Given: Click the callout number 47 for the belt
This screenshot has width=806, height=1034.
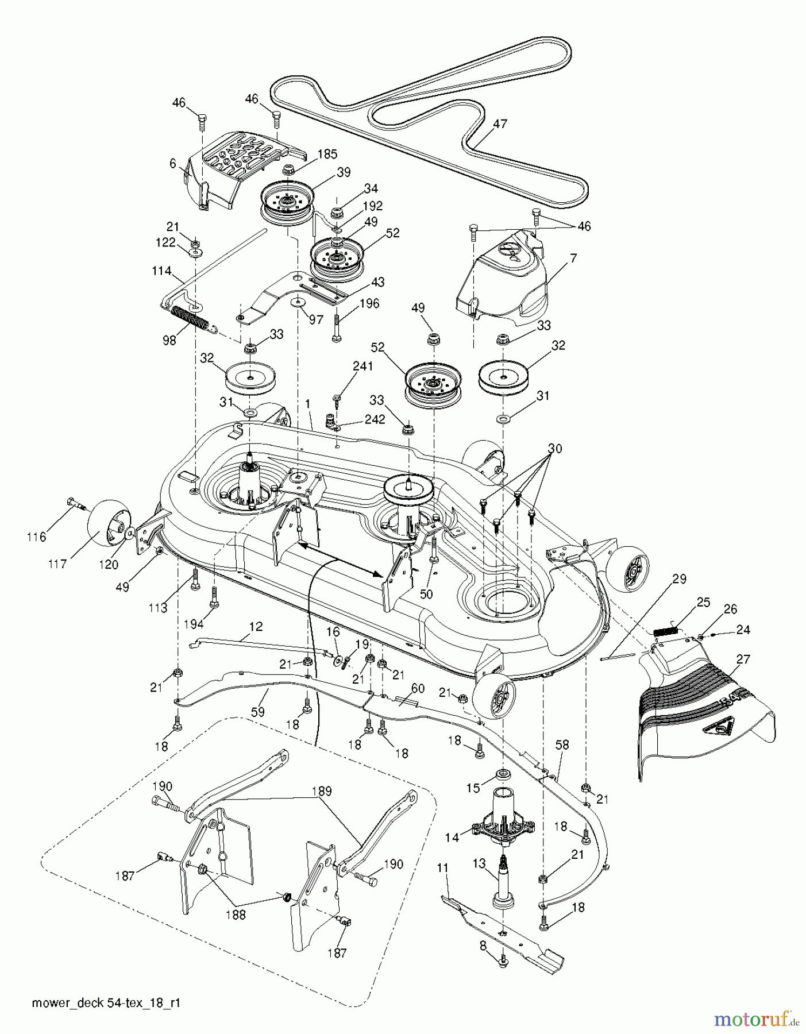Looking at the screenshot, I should point(500,124).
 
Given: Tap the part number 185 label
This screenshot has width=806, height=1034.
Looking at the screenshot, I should point(327,154).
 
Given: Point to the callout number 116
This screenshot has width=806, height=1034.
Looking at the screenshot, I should point(36,537).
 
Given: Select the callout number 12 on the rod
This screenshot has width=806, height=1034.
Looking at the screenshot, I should point(256,627).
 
